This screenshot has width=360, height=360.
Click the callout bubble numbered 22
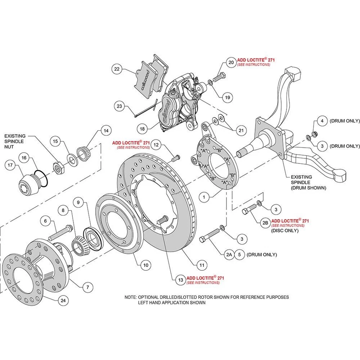pos(117,69)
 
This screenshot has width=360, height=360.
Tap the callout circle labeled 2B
pos(265,223)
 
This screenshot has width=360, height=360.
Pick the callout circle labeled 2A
pos(229,255)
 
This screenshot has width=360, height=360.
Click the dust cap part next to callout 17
pos(29,184)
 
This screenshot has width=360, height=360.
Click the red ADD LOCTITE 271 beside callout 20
pos(253,60)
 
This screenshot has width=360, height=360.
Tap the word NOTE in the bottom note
pos(130,297)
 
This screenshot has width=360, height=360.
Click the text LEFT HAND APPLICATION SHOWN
pos(172,302)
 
